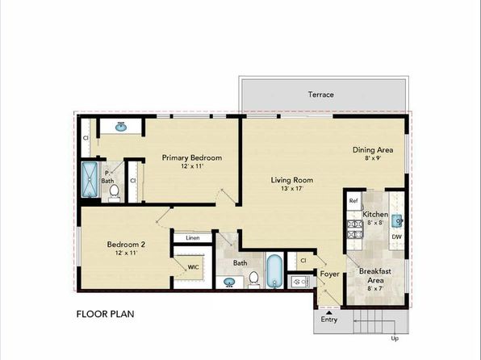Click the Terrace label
coord(320,94)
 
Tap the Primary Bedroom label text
coord(191,157)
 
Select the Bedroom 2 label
coord(126,245)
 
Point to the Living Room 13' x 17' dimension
coord(291,189)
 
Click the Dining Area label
coord(372,150)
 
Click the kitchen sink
coord(396,217)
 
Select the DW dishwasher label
coord(396,237)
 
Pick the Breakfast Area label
coord(375,274)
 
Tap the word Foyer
coord(329,274)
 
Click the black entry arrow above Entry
coord(329,311)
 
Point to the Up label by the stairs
coord(394,338)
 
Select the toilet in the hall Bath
coord(253,279)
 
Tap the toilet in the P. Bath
coord(115,191)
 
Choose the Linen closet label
coord(192,238)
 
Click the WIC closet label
coord(194,266)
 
